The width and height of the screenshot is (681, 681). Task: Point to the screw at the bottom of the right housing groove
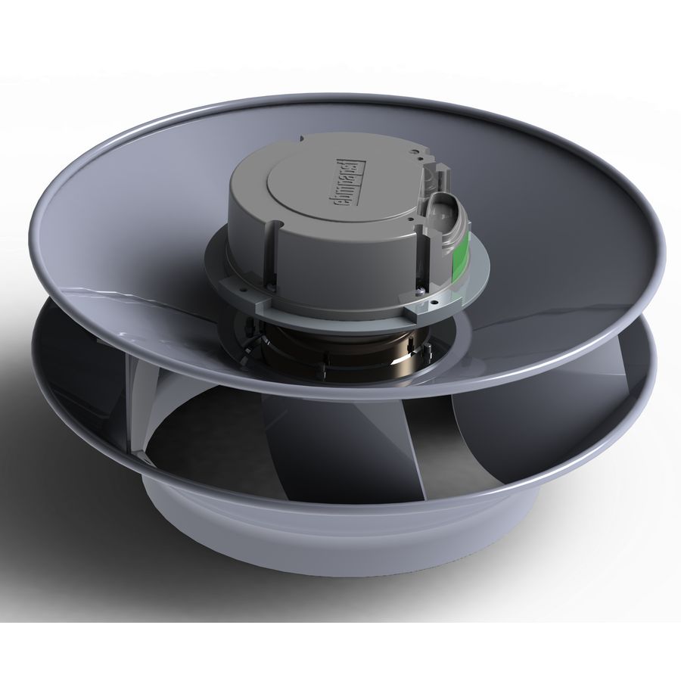[x=420, y=290]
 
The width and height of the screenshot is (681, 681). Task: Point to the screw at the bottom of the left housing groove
[x=271, y=286]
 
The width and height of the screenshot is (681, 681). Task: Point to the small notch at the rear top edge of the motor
[x=301, y=138]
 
